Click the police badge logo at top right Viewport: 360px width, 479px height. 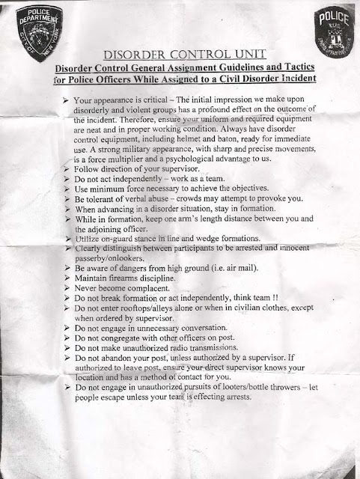326,31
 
